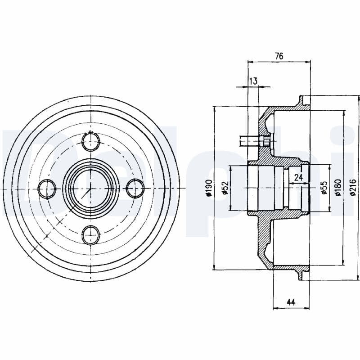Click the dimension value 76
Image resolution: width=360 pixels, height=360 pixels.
(279, 56)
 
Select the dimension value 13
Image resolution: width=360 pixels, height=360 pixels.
(253, 81)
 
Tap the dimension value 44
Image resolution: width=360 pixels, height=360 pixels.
(291, 302)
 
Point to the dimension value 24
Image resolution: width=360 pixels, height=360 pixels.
(298, 178)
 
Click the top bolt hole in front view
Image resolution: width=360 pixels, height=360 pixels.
(90, 142)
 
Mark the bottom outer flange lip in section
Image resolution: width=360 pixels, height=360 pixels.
(301, 275)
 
